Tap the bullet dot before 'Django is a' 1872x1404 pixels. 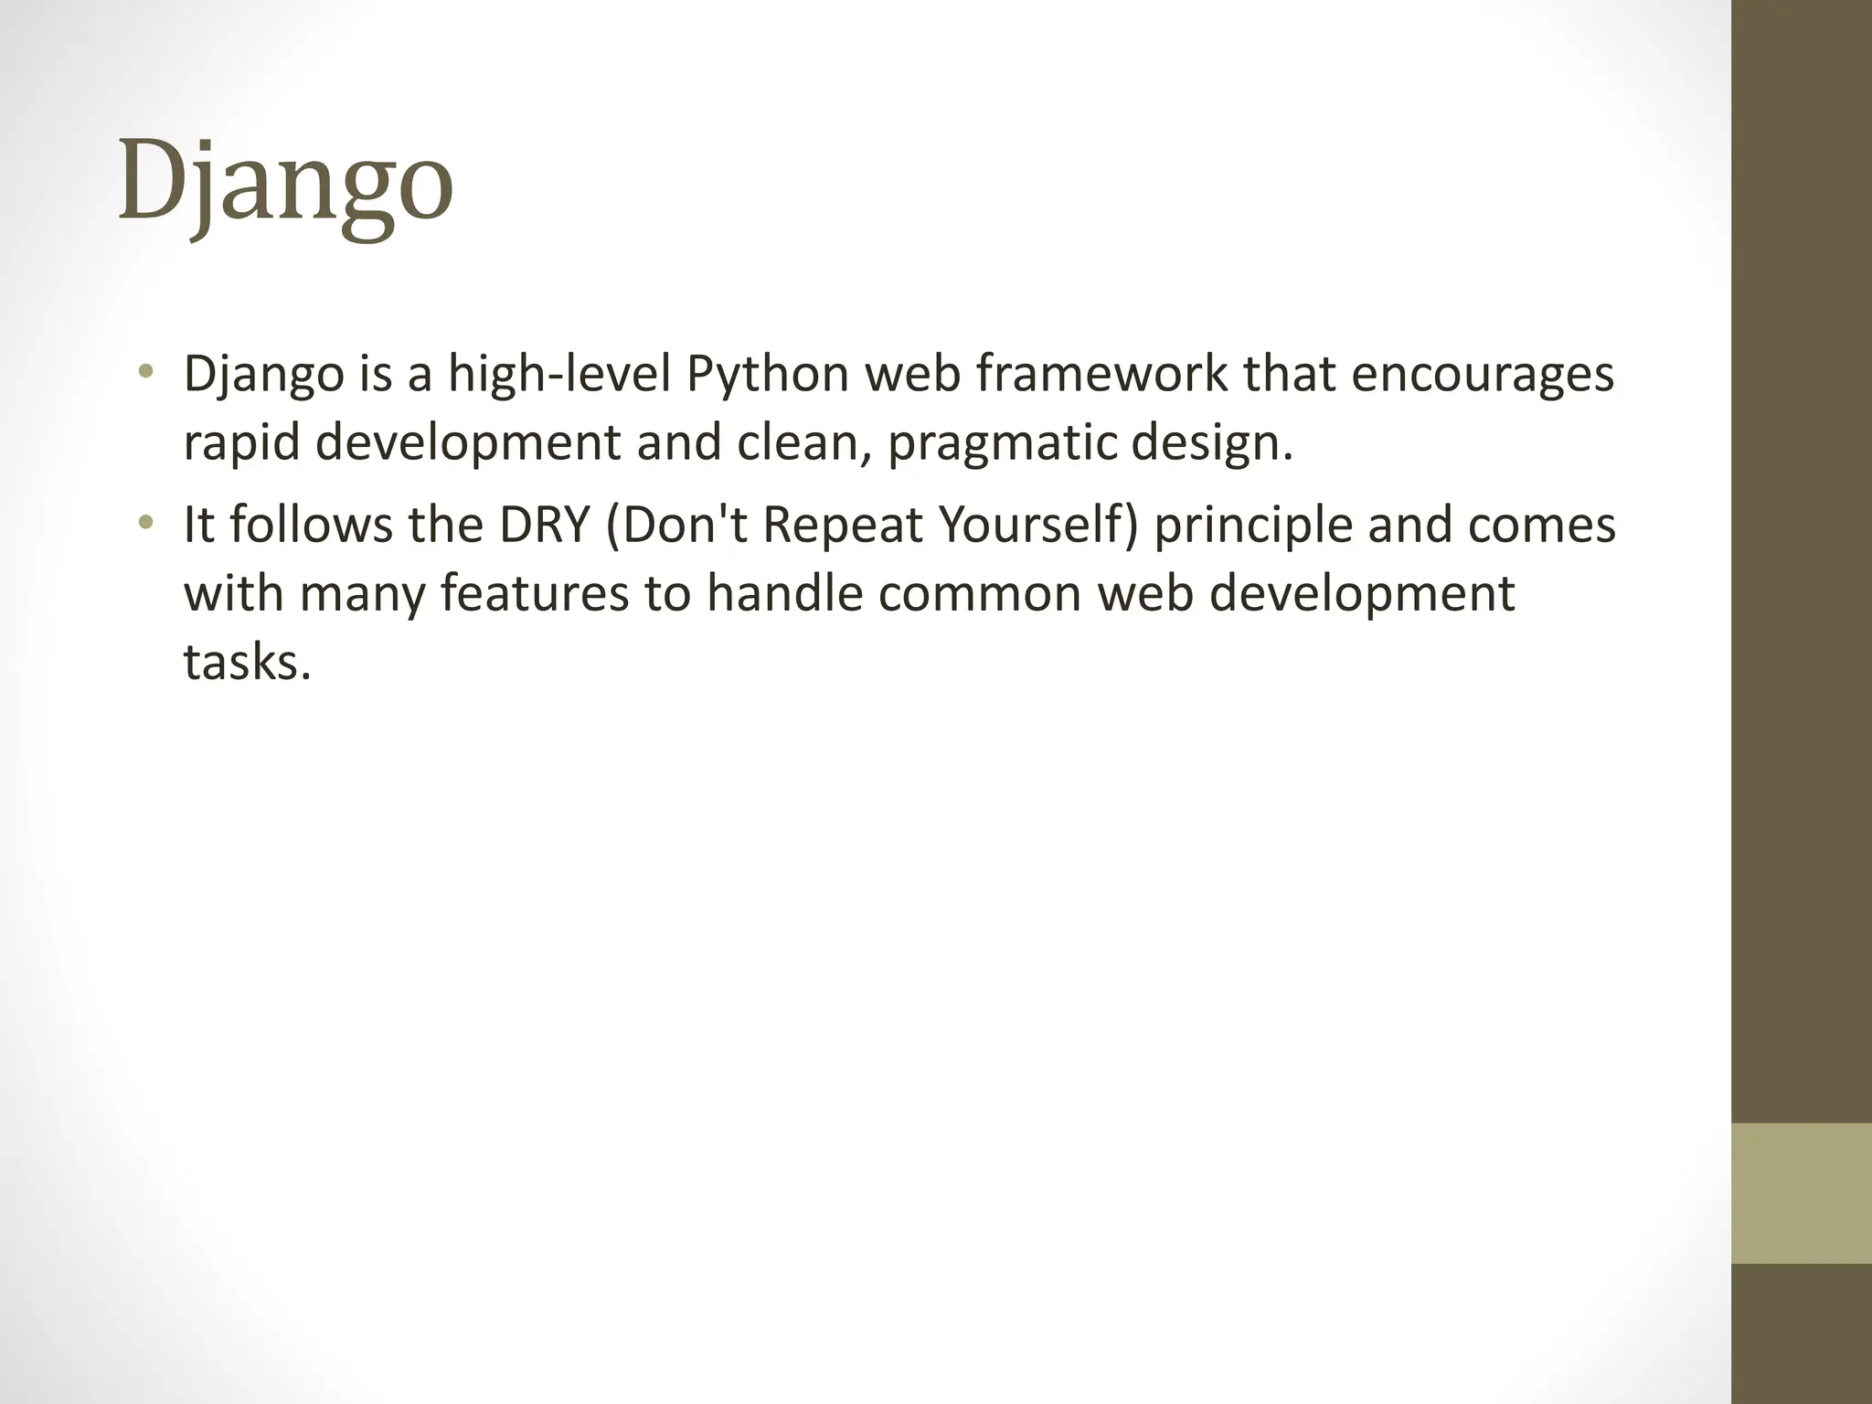coord(145,372)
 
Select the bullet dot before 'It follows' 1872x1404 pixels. coord(145,524)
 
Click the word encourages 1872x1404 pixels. coord(1482,375)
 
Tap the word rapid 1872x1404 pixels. coord(241,443)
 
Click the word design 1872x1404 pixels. coord(1211,443)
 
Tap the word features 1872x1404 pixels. coord(535,593)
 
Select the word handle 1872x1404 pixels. coord(785,593)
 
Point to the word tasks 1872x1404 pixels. coord(247,662)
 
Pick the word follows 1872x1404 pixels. coord(311,525)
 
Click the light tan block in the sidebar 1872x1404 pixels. coord(1802,1193)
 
